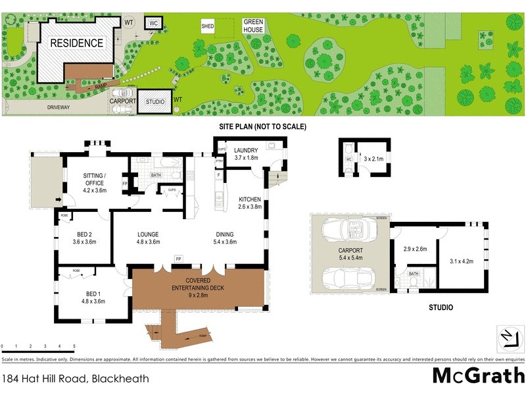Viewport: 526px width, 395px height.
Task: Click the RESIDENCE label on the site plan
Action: [78, 43]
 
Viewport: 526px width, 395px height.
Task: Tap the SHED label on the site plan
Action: [208, 26]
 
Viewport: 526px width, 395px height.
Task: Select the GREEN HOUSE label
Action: [253, 26]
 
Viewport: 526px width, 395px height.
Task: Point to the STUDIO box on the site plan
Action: [155, 101]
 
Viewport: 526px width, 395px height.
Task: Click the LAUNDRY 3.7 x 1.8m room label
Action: [247, 154]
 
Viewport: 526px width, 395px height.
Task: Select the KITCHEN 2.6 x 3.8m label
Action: [250, 203]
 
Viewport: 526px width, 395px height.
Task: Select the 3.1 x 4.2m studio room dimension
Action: [461, 261]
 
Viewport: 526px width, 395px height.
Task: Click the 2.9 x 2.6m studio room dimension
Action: [415, 249]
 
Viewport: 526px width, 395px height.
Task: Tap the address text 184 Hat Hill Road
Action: [76, 379]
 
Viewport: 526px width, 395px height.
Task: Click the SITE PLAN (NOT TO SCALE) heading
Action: [263, 126]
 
